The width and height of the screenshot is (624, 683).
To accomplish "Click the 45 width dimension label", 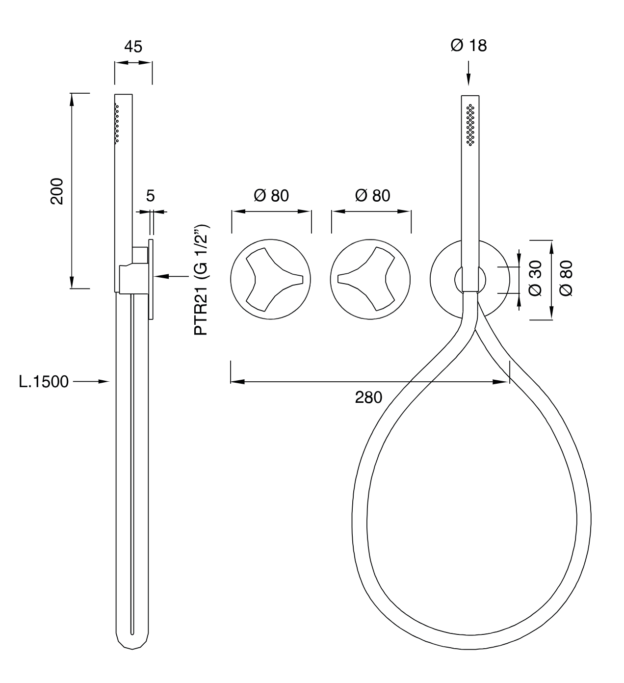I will [133, 47].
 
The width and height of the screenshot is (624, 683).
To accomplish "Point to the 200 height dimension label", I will [57, 191].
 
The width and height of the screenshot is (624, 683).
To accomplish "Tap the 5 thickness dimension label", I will [150, 196].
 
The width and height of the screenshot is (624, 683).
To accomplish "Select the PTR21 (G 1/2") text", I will [202, 280].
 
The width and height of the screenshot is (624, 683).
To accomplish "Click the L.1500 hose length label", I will [44, 382].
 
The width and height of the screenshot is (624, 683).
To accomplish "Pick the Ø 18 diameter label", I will [468, 46].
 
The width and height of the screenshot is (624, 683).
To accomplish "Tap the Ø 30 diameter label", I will [535, 278].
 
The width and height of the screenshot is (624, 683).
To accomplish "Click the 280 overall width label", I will [368, 397].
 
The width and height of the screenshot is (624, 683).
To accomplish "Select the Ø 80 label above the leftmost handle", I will [271, 196].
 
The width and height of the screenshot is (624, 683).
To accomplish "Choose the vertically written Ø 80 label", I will [566, 278].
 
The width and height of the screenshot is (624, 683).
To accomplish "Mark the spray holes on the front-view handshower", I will [470, 125].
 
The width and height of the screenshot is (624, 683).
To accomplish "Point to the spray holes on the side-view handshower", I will [117, 124].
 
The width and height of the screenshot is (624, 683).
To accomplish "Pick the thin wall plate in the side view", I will [151, 280].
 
